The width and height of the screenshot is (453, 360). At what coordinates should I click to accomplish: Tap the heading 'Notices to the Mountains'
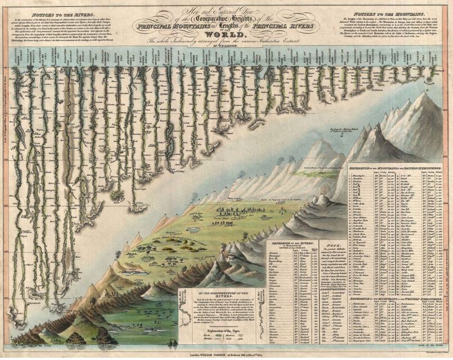coord(386,12)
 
